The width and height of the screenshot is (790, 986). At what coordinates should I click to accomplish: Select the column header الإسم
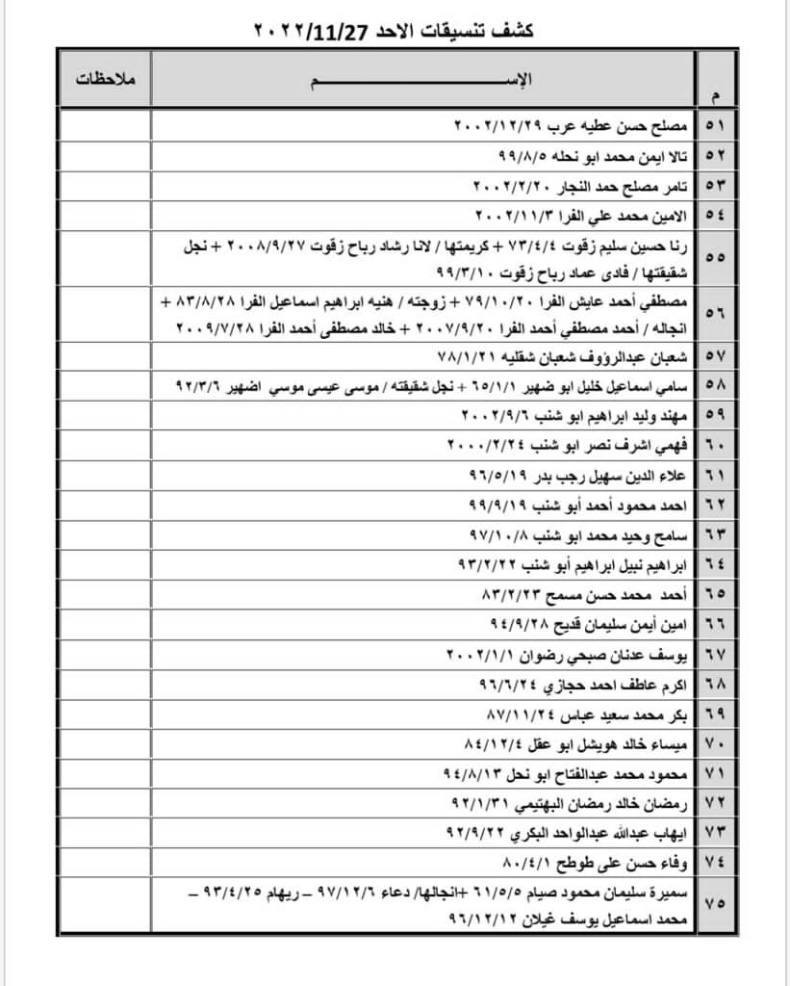(423, 77)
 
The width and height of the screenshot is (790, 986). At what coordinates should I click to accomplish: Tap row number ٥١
(717, 126)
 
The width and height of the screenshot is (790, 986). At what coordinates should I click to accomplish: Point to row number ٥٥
(717, 257)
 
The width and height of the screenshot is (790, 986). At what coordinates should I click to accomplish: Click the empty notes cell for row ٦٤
(106, 561)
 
